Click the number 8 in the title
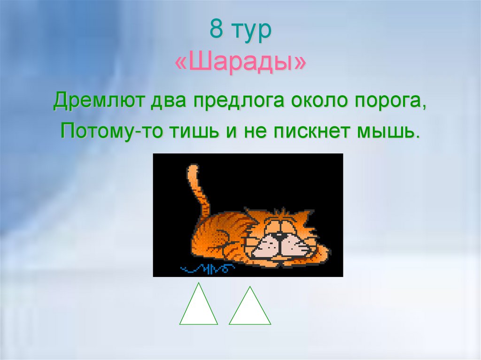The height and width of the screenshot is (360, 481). point(216,29)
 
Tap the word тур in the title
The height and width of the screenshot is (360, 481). point(252,31)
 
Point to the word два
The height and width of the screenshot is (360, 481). point(169,101)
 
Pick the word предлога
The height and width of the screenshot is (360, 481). point(239,101)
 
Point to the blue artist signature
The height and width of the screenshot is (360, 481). point(207,268)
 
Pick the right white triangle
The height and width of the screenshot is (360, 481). point(250,310)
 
